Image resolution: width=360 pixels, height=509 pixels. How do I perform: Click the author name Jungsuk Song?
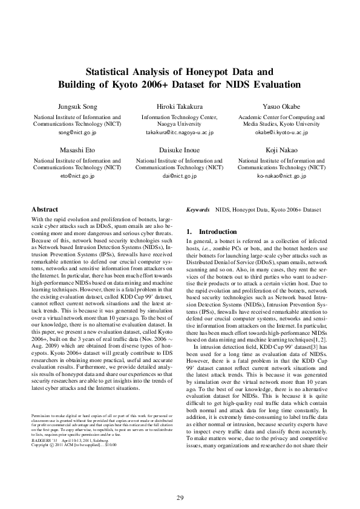(77, 106)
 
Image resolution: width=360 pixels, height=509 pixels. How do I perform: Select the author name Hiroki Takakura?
(180, 106)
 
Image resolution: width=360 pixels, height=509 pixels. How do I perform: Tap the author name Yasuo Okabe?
(282, 106)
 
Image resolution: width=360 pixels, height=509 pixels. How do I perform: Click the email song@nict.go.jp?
(77, 132)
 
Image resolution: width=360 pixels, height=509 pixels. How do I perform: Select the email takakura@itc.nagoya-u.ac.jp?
(180, 132)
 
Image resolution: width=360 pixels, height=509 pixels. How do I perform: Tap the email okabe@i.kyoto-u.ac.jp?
(282, 132)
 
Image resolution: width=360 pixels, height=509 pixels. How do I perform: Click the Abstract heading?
(45, 209)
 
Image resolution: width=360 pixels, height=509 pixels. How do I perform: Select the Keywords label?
(198, 209)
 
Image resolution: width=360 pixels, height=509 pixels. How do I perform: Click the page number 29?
(180, 481)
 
